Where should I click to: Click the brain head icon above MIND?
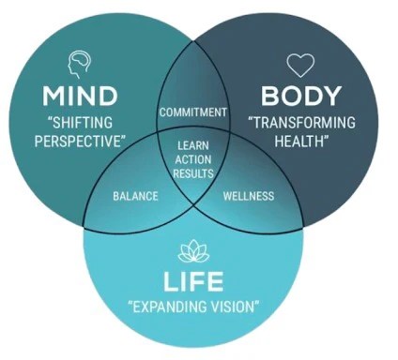80,64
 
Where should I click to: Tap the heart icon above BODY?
299,65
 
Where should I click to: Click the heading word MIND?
79,97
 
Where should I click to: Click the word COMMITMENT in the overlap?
193,112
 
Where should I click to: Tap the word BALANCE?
135,196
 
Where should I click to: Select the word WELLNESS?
248,196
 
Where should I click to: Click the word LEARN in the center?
193,145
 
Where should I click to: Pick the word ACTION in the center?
193,159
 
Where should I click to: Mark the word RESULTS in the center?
193,173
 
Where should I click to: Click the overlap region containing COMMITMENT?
193,98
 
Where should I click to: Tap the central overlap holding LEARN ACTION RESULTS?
193,161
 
